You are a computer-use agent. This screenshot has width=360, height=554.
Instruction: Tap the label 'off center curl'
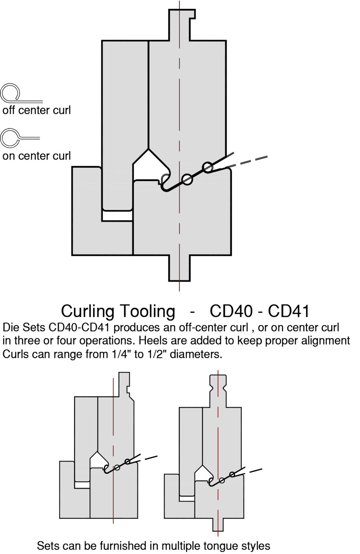36,110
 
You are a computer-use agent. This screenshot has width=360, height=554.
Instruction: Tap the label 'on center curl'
36,156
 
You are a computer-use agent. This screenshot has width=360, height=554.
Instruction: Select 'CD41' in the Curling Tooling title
289,311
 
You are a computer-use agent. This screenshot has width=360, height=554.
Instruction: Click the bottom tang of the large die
180,268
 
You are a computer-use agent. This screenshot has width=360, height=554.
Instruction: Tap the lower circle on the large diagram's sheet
187,179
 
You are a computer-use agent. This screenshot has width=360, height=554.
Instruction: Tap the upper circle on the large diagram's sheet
208,167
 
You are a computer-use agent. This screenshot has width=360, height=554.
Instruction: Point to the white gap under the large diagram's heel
117,216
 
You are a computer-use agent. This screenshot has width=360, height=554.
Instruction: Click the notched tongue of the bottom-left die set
124,384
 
